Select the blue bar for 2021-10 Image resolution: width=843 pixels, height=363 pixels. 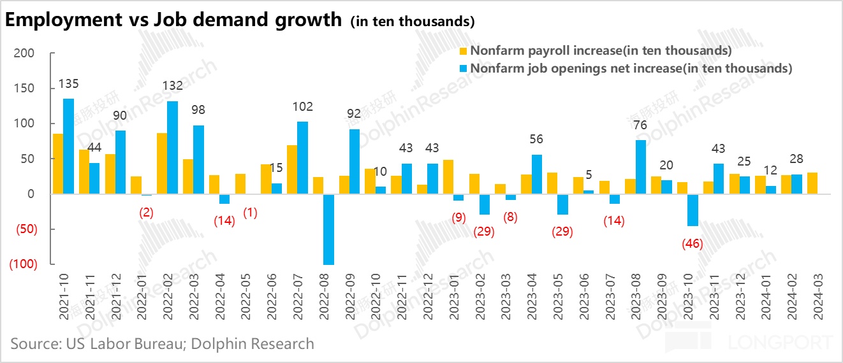click(x=68, y=146)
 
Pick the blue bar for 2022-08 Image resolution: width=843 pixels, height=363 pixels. click(x=328, y=229)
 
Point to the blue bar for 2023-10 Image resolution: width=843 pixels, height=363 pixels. click(x=693, y=210)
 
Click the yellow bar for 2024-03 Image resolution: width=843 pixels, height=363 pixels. click(x=812, y=183)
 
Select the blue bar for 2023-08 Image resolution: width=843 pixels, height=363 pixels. click(x=641, y=167)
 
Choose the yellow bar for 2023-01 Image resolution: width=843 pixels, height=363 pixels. click(x=448, y=176)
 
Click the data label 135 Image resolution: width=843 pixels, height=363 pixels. click(x=68, y=84)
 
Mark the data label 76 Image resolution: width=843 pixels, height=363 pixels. click(x=640, y=125)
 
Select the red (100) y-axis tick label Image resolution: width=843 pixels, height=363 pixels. click(x=22, y=264)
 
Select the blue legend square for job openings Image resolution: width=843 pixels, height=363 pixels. click(x=464, y=68)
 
